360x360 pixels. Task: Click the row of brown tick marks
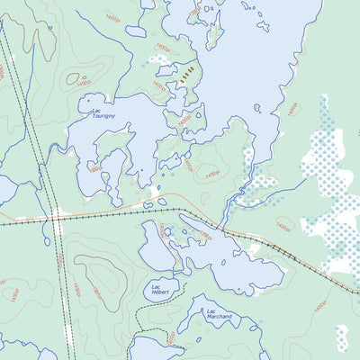point(187,75)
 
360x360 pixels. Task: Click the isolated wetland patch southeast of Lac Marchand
point(341,337)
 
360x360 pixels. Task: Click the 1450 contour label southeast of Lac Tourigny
point(187,166)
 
